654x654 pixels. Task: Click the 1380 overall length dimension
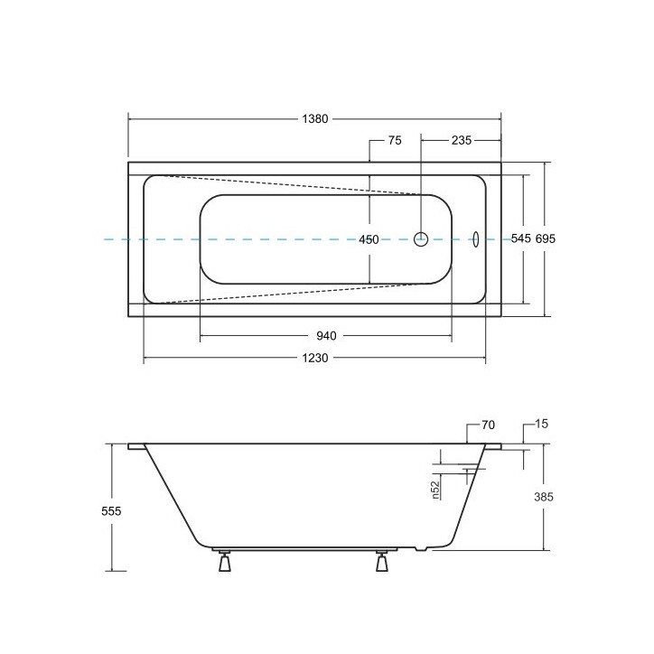(315, 119)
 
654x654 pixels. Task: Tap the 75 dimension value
(395, 141)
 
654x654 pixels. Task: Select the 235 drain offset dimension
(462, 141)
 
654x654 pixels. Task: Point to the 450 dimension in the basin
(369, 239)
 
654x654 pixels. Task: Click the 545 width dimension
(521, 238)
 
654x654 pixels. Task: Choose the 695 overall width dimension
(546, 238)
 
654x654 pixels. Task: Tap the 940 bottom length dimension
(326, 336)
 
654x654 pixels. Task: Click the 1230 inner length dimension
(315, 358)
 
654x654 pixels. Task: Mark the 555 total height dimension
(111, 511)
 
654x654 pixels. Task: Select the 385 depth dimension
(544, 497)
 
